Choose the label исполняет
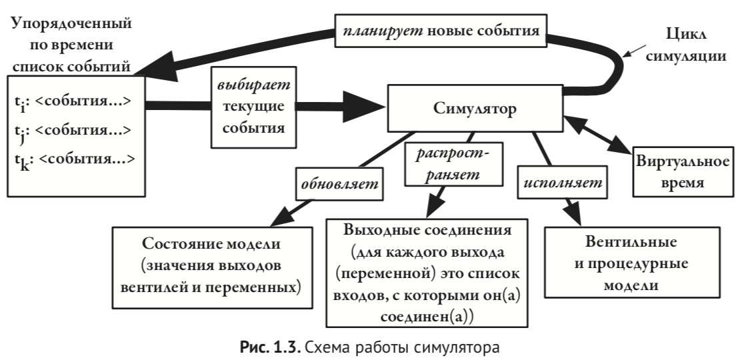[564, 181]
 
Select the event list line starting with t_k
[74, 159]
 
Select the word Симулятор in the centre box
[475, 109]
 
